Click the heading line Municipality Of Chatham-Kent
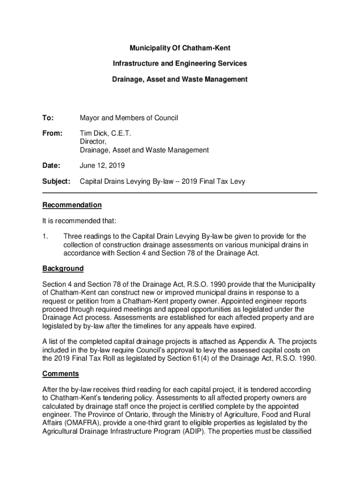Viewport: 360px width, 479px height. [x=180, y=48]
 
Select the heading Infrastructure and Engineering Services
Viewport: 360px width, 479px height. [x=180, y=64]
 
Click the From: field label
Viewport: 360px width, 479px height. [x=52, y=134]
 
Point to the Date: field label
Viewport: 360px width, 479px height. [x=51, y=166]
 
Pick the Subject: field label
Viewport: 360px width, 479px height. [x=56, y=181]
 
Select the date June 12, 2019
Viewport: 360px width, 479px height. [x=102, y=166]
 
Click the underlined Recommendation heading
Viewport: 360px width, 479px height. [x=72, y=205]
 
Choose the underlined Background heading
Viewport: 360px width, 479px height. [x=63, y=269]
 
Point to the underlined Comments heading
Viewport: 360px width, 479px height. [x=60, y=374]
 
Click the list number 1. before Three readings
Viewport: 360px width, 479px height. [x=45, y=236]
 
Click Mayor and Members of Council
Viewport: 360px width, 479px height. [x=129, y=118]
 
